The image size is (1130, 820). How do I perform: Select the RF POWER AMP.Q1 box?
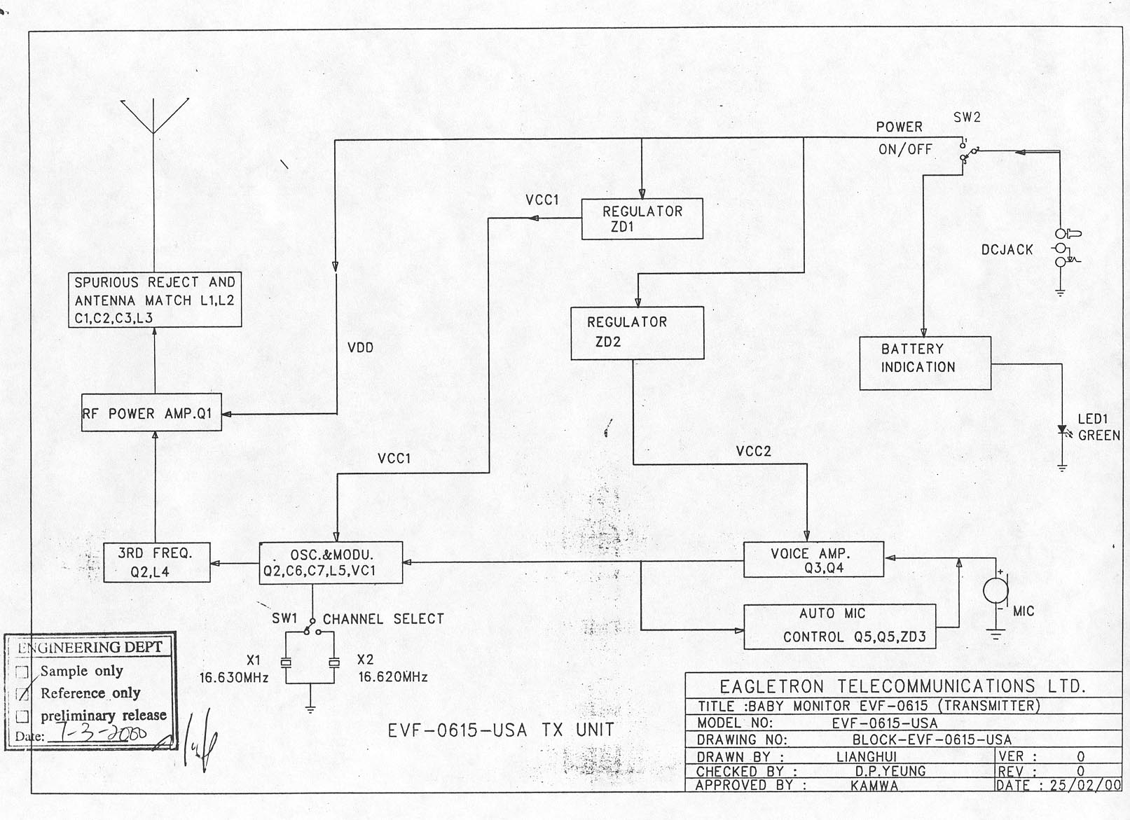151,414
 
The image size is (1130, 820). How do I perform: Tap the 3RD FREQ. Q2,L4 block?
156,562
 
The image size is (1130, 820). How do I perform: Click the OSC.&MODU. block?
331,562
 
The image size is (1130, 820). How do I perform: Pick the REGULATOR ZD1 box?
642,219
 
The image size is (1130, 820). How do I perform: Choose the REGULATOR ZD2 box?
637,333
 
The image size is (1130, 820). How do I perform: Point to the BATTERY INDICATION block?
925,363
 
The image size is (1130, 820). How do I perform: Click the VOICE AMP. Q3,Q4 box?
813,560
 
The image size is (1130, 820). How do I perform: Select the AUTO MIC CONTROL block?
839,626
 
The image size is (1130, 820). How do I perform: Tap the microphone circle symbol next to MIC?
995,591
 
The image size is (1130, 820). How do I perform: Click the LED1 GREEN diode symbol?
1062,429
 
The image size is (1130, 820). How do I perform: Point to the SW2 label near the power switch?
967,118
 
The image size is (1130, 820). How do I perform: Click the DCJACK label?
1007,250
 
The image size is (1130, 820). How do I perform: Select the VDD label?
360,348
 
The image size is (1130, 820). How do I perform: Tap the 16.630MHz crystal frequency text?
234,678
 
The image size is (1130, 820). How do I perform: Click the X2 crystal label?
365,660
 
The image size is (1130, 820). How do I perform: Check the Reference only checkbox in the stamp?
23,694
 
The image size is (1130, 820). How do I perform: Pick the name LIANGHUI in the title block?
866,757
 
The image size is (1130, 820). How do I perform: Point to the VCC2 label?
753,452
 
